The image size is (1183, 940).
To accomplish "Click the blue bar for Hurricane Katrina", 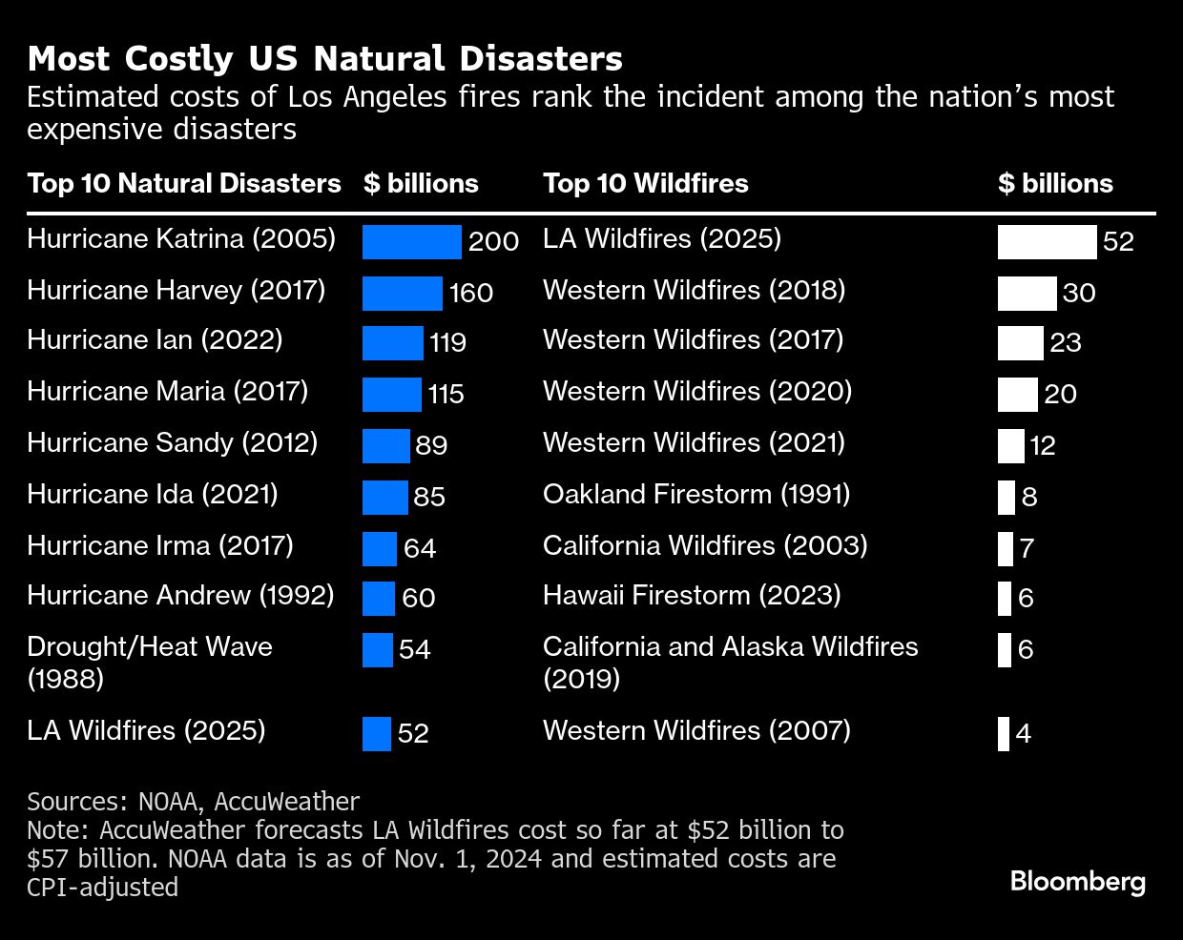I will click(x=411, y=242).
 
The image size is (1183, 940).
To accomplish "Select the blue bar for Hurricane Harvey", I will click(x=402, y=294).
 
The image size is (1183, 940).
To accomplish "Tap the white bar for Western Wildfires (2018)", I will click(x=1027, y=294).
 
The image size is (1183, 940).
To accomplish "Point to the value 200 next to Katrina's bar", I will click(x=493, y=242).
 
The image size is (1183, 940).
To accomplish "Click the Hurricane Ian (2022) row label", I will click(x=155, y=340).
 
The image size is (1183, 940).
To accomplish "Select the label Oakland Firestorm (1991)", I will click(x=695, y=494).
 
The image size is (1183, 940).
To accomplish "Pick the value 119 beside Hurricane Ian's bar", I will click(x=447, y=343).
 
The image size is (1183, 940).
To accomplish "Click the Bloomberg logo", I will click(x=1077, y=881).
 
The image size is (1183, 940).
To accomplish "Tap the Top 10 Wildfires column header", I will click(x=645, y=183).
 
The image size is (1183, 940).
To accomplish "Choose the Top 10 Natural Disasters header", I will click(x=183, y=183).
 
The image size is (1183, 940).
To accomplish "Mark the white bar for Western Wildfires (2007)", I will click(x=1004, y=734).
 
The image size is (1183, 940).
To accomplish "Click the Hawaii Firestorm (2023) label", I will click(x=692, y=596).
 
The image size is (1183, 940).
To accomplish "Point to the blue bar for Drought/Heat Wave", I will click(x=378, y=650).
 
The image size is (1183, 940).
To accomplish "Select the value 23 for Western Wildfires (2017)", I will click(x=1065, y=343).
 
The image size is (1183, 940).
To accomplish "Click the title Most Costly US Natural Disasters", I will click(x=324, y=59).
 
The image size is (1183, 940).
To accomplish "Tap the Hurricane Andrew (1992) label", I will click(x=180, y=596).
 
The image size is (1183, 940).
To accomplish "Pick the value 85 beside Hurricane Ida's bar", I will click(x=429, y=498).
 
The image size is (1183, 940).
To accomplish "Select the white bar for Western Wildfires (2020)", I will click(x=1017, y=395).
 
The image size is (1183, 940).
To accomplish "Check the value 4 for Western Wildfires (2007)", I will click(x=1024, y=734).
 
